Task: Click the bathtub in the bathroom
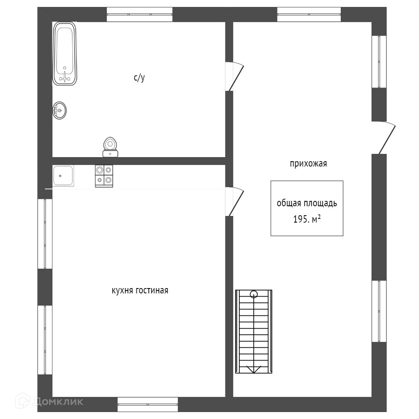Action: pos(65,54)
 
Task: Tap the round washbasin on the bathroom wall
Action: pos(60,110)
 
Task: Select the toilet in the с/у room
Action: pos(110,147)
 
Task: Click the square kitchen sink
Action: pos(63,176)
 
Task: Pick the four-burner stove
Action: pos(104,176)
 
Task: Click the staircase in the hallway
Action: pos(254,331)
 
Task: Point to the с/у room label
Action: pos(139,78)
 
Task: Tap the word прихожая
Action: pos(308,164)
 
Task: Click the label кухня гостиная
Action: pos(140,291)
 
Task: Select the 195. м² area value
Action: pos(306,219)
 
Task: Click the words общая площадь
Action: pos(306,203)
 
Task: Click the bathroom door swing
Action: pos(235,76)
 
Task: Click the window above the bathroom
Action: pos(140,14)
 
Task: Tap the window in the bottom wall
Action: pos(148,404)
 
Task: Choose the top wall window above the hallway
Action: pos(309,14)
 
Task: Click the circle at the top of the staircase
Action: pos(254,293)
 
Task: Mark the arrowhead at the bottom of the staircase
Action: pos(254,370)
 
